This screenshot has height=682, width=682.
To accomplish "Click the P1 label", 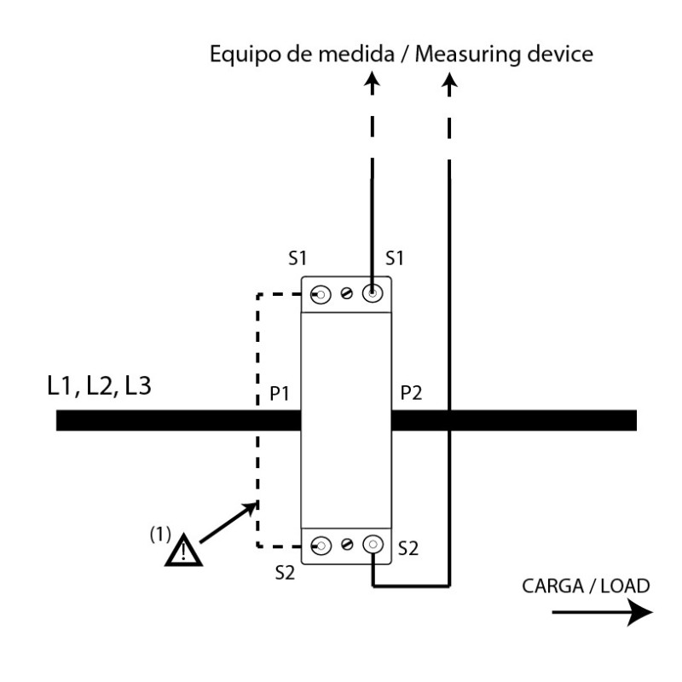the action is click(x=280, y=393).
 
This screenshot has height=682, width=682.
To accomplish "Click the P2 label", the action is click(x=411, y=393).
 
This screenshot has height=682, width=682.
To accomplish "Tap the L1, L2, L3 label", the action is click(x=99, y=386).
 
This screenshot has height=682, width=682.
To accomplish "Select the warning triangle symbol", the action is click(x=183, y=550).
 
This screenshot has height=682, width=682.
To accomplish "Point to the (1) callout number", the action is click(x=160, y=535).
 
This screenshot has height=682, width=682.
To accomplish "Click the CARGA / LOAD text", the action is click(x=586, y=586).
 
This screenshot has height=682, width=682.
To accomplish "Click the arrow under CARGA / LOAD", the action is click(x=603, y=612).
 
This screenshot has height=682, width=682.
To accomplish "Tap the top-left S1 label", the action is click(x=298, y=258).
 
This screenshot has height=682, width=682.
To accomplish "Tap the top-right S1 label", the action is click(x=395, y=258).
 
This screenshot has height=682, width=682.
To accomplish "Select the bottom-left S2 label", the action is click(x=285, y=573).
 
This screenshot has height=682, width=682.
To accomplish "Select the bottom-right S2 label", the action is click(x=408, y=548).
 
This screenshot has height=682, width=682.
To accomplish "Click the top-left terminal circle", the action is click(x=321, y=295).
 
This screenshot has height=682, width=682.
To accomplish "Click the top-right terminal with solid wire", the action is click(x=373, y=293).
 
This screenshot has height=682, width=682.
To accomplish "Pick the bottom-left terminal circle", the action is click(x=321, y=546).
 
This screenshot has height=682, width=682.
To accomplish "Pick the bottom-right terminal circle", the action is click(x=373, y=544).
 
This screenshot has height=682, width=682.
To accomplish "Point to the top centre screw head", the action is click(x=347, y=293).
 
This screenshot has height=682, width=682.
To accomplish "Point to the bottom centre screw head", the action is click(x=347, y=544).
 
